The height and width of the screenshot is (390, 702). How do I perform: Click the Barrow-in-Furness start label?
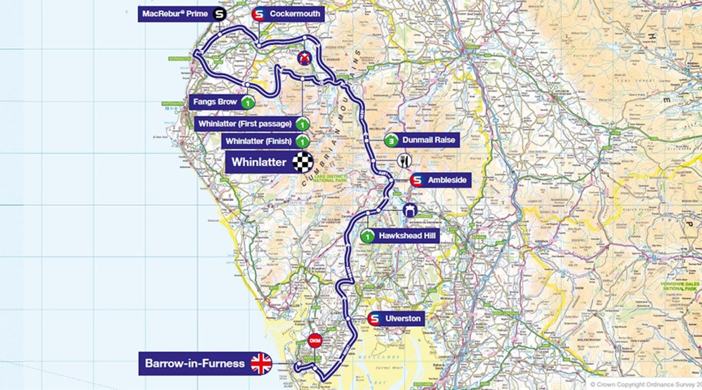tap(194, 363)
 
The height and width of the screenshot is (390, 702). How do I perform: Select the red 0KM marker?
tap(314, 340)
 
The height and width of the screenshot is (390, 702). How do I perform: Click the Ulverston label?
tap(403, 319)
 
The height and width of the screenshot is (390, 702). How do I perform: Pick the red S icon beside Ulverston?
tap(374, 319)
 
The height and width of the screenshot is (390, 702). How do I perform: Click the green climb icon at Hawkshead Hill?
tap(367, 236)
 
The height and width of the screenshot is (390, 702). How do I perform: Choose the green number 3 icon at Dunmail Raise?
tap(392, 140)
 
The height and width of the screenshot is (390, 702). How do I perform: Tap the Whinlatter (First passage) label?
tap(244, 124)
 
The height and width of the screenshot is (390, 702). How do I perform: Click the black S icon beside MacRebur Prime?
tap(220, 14)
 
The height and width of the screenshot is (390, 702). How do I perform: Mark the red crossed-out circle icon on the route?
tap(304, 58)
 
